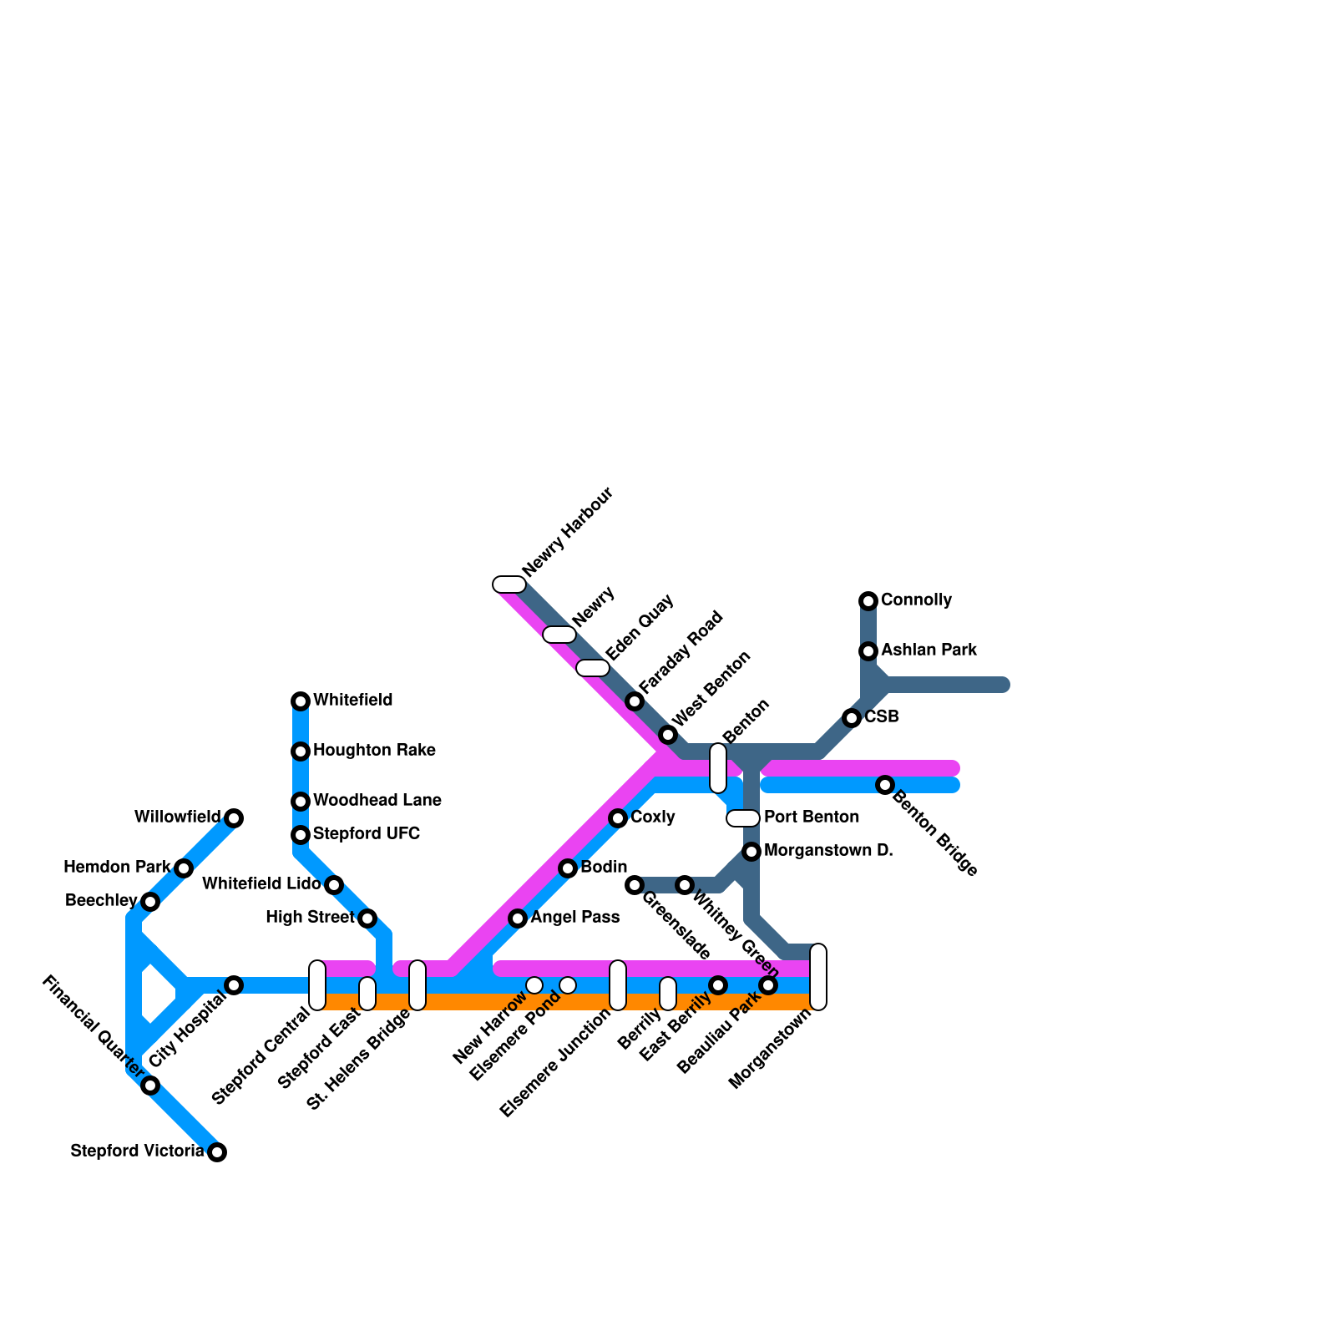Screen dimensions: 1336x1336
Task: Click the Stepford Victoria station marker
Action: click(217, 1152)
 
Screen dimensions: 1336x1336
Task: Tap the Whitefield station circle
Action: click(301, 701)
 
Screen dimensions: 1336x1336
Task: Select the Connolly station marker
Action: click(868, 600)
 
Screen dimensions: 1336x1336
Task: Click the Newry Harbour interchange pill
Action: click(509, 584)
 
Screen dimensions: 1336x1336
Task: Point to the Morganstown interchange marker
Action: click(818, 977)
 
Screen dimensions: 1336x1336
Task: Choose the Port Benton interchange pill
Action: click(743, 818)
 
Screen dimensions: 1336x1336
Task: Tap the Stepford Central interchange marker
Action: click(317, 985)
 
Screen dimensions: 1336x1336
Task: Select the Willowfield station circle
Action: click(234, 818)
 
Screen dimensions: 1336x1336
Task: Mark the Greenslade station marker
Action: click(635, 885)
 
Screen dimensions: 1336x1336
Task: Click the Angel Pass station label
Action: click(575, 918)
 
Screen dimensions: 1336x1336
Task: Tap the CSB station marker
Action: click(852, 718)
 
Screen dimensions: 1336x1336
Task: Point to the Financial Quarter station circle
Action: click(150, 1085)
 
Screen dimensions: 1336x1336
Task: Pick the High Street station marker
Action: click(367, 918)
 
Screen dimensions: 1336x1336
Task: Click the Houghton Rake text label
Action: click(374, 751)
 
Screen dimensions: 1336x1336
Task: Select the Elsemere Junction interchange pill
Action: click(618, 985)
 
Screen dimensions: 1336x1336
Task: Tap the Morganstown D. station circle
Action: click(751, 852)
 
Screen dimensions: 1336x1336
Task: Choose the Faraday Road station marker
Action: click(635, 701)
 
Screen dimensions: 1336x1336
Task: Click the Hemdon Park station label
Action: click(117, 868)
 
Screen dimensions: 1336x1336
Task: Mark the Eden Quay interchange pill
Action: click(593, 668)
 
